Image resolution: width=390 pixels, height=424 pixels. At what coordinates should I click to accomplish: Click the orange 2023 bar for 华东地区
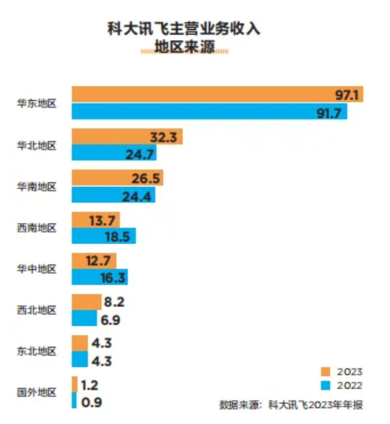206,95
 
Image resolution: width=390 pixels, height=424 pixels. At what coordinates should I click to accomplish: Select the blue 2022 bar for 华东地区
206,112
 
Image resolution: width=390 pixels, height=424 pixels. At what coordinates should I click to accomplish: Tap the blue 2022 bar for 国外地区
74,401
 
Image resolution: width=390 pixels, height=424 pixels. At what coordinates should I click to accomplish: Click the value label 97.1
347,95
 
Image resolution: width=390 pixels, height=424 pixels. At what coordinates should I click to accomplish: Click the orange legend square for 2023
325,372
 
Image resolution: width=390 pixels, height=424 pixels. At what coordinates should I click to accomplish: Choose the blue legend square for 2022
325,385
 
